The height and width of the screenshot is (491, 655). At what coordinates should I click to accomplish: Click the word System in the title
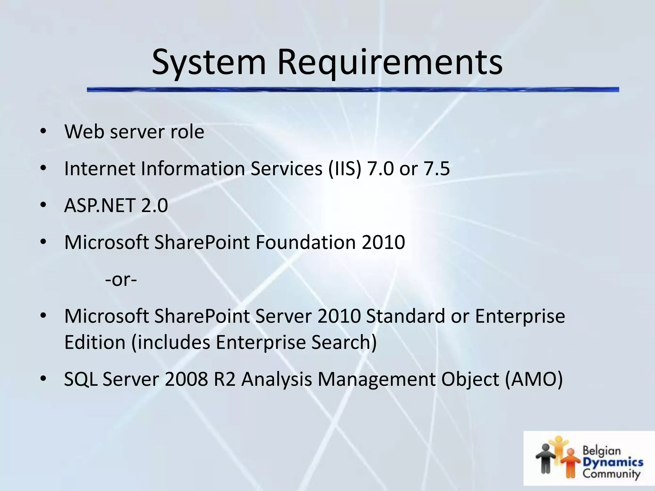[x=209, y=62]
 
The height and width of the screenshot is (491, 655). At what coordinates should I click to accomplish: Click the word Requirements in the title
[x=390, y=62]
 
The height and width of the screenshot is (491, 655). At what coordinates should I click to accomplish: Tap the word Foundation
[x=305, y=242]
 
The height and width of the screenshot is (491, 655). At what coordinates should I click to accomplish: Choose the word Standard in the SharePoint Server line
[x=406, y=316]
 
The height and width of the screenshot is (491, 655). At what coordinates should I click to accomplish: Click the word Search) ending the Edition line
[x=344, y=342]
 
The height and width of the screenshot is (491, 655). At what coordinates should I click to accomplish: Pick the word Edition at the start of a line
[x=95, y=342]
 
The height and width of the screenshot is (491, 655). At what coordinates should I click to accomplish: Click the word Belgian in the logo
[x=601, y=451]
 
